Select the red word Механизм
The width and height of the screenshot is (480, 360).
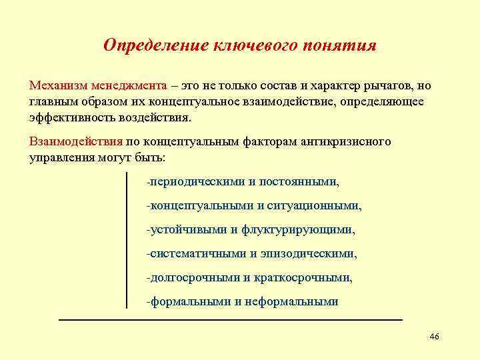(59, 87)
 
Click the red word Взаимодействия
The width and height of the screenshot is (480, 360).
(76, 141)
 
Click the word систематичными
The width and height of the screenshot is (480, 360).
(197, 253)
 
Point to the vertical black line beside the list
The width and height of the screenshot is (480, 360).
(127, 240)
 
